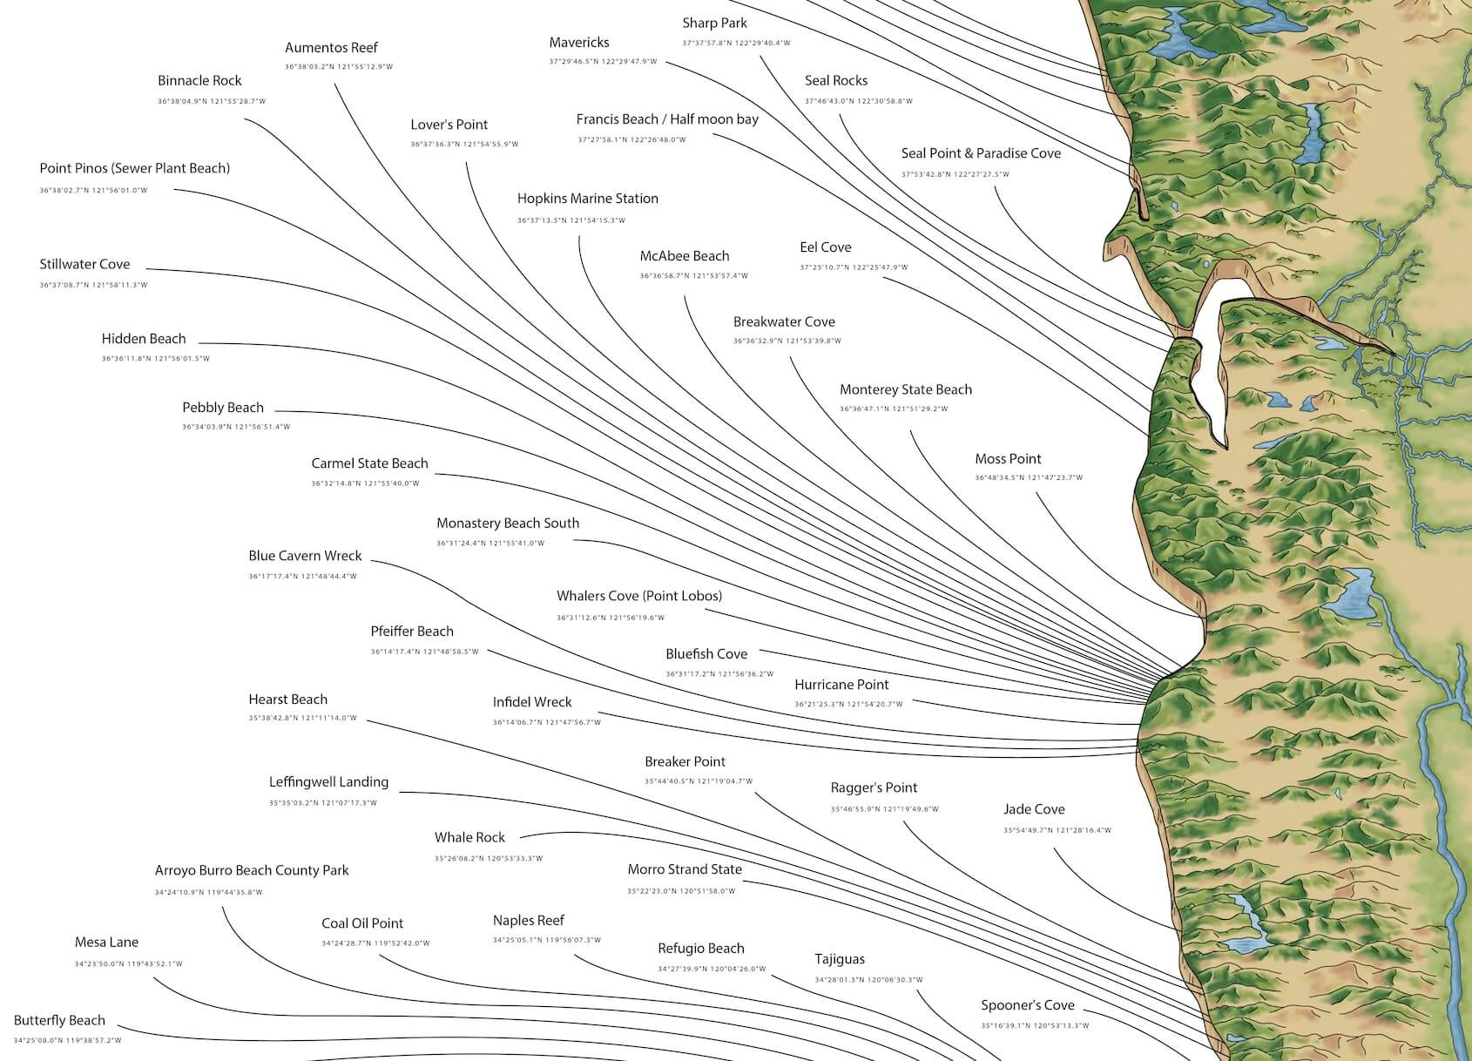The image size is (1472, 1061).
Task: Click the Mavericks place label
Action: [x=579, y=43]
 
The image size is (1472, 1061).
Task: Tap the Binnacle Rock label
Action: [x=199, y=81]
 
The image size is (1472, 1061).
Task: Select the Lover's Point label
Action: [x=449, y=125]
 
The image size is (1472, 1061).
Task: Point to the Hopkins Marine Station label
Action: [x=588, y=199]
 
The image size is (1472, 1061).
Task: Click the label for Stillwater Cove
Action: [x=84, y=265]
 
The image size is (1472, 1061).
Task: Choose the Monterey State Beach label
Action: [x=906, y=389]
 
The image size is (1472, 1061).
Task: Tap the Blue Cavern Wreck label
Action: [x=305, y=556]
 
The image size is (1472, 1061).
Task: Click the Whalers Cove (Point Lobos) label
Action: [x=639, y=596]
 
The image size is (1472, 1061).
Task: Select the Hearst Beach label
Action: [x=288, y=699]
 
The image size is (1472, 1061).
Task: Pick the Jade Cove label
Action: [x=1034, y=809]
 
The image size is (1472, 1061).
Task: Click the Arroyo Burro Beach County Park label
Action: [x=252, y=870]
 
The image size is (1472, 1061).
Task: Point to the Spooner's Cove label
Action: [x=1028, y=1005]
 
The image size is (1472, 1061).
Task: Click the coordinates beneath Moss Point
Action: [x=1029, y=477]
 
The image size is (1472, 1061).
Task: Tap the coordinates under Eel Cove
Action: [x=854, y=267]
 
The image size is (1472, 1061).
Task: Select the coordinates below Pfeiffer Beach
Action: [x=424, y=652]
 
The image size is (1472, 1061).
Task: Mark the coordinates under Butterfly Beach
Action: [x=67, y=1040]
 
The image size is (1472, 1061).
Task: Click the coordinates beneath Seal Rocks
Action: [x=859, y=101]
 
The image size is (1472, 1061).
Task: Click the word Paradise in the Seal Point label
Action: [x=1003, y=153]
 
